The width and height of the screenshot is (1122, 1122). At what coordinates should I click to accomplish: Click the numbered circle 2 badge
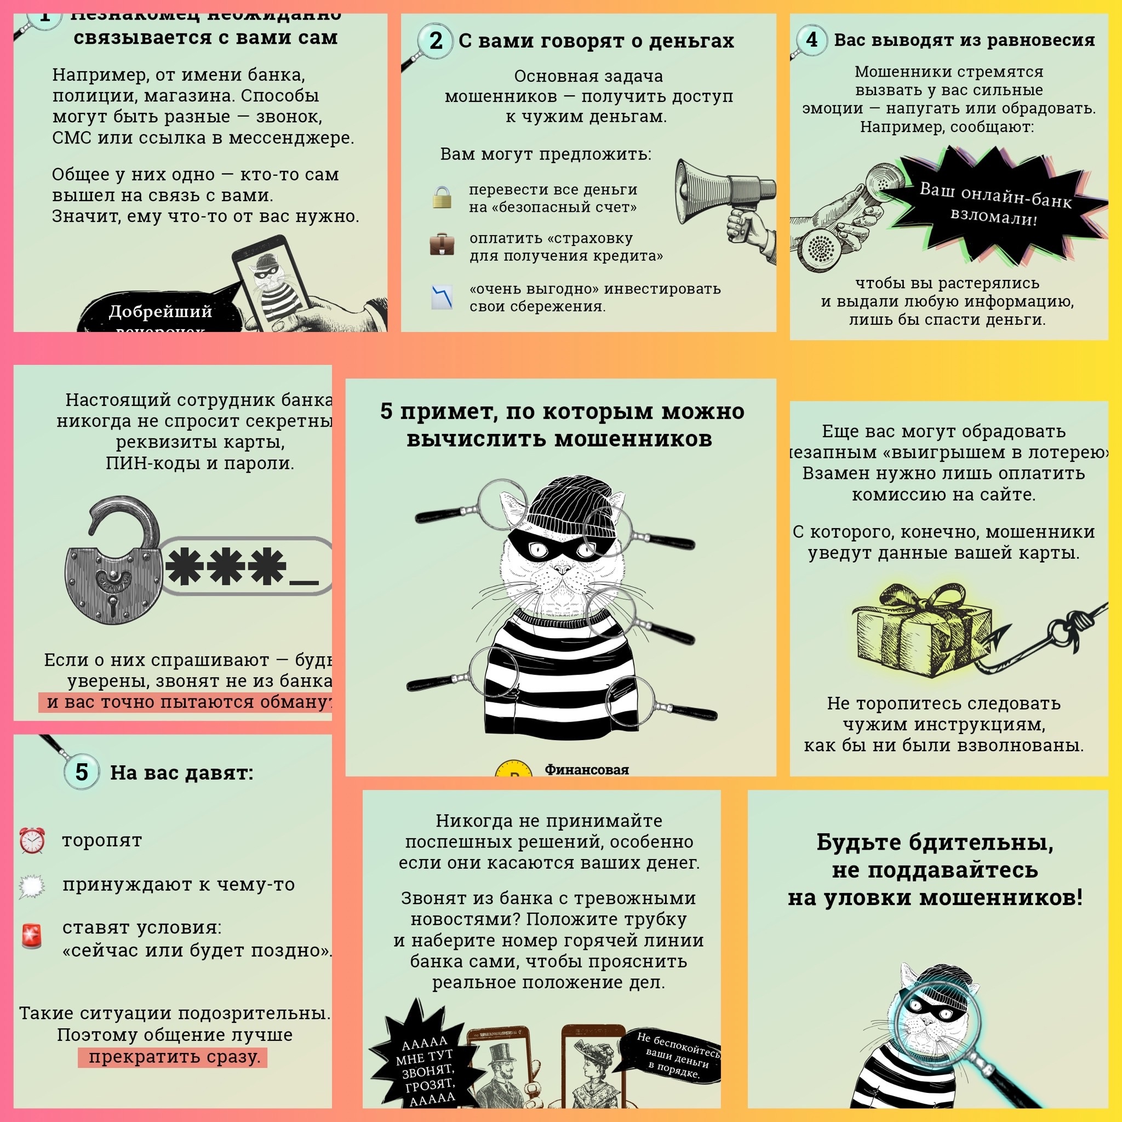[x=436, y=41]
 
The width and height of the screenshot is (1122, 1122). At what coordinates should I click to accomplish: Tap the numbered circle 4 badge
[x=811, y=39]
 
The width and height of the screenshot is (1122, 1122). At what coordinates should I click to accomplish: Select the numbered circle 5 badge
[x=81, y=772]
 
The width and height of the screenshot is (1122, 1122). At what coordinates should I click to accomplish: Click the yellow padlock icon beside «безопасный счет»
[x=442, y=197]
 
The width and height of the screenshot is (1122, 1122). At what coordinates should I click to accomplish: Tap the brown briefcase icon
[x=442, y=244]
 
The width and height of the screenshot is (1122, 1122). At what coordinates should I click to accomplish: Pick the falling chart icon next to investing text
[x=442, y=297]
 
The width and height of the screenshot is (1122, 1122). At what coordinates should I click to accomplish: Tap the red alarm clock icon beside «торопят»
[x=32, y=840]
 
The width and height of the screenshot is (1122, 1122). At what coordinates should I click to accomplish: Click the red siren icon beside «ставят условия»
[x=32, y=936]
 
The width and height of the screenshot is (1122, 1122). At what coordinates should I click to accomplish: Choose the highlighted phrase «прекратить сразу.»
[x=173, y=1056]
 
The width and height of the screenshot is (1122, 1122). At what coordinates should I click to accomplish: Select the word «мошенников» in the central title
[x=633, y=438]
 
